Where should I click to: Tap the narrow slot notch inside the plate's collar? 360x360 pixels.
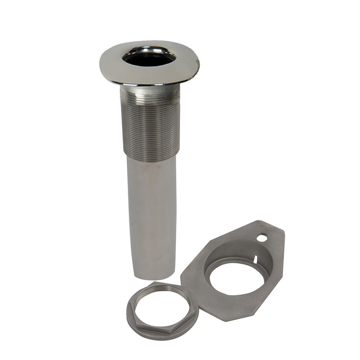254,260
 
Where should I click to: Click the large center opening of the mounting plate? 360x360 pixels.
236,277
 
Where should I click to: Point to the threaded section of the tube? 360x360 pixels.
151,126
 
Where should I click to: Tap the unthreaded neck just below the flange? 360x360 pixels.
149,89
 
